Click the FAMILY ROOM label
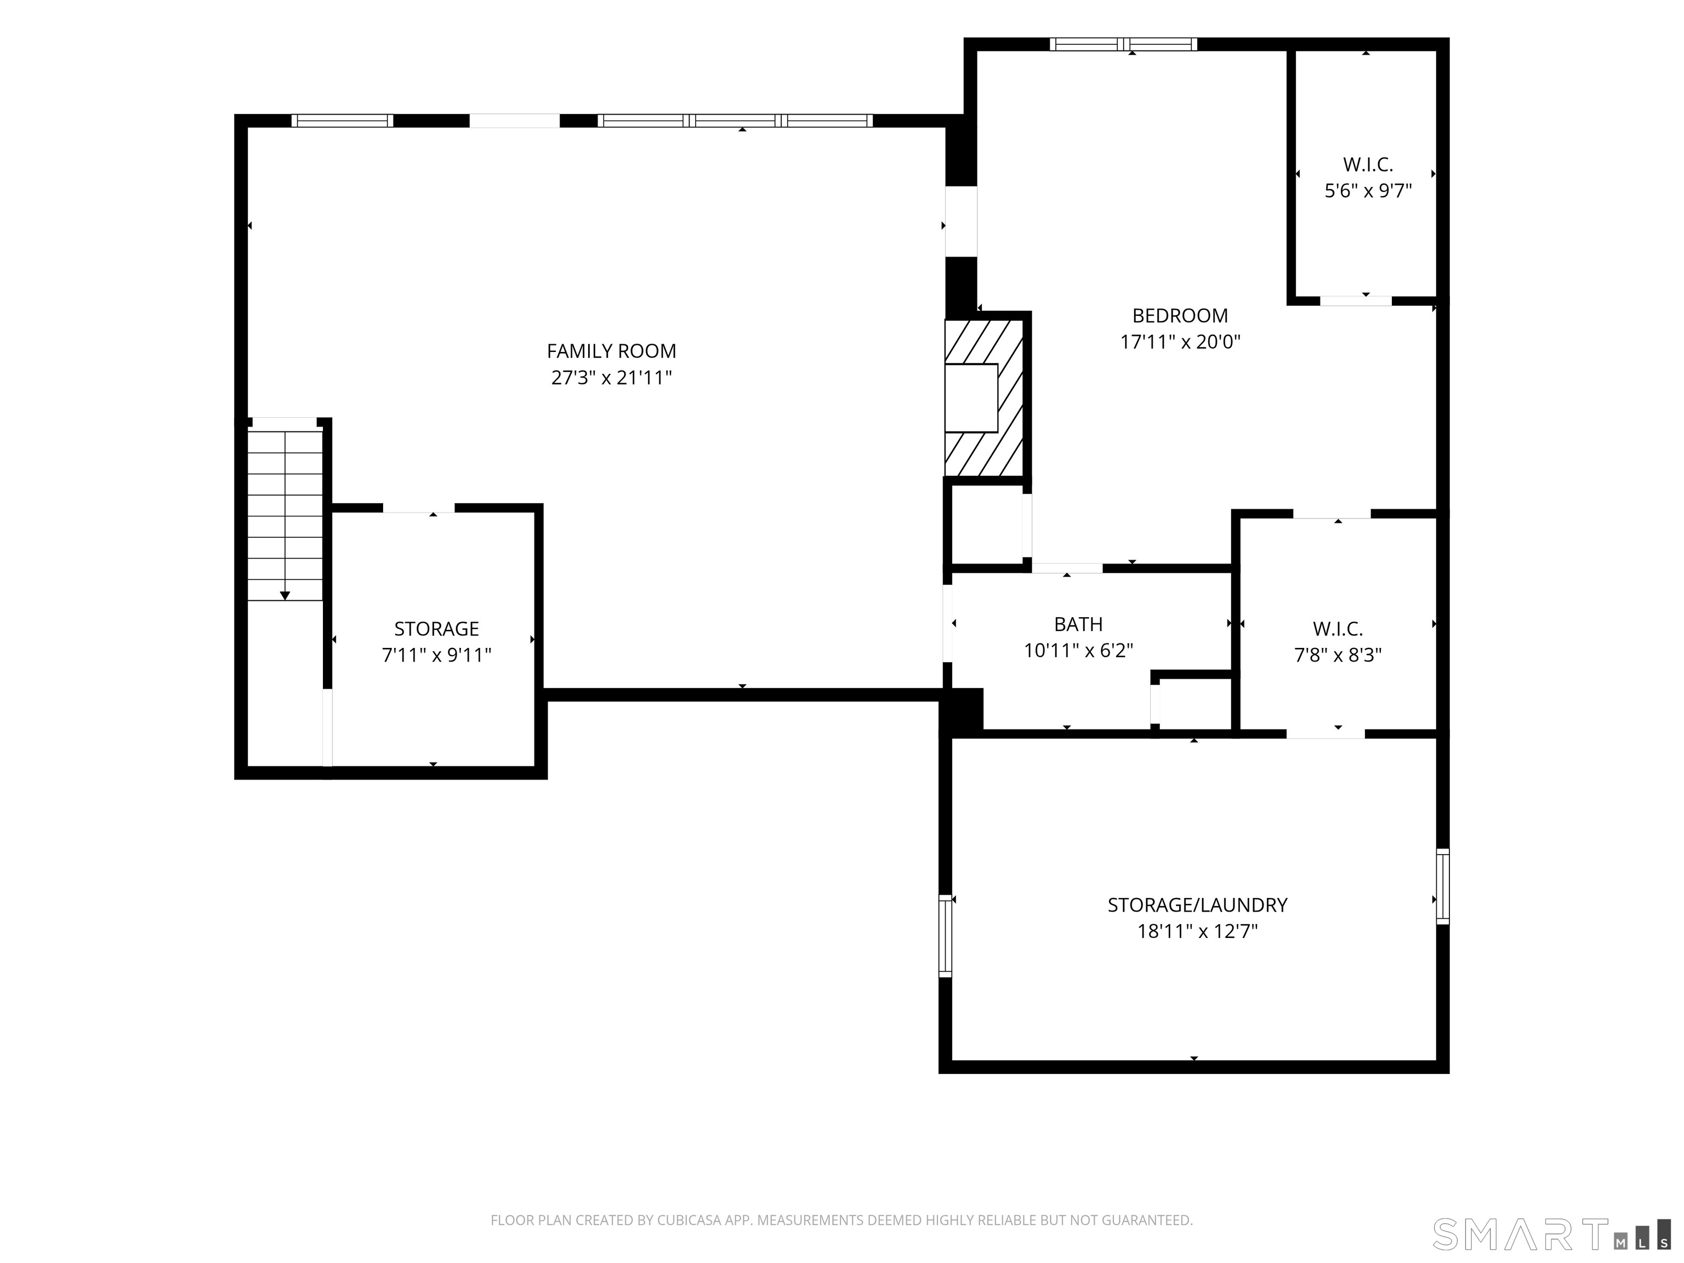611,351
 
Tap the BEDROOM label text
1180,315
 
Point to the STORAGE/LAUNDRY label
1197,904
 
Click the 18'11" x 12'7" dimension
1197,931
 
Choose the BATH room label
1078,624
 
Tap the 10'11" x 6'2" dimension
1078,651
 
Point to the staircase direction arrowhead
285,595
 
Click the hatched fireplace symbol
983,398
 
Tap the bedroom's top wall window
1123,44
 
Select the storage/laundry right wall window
1442,886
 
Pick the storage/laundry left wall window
946,936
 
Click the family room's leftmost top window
343,120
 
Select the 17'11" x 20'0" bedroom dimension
1180,342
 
